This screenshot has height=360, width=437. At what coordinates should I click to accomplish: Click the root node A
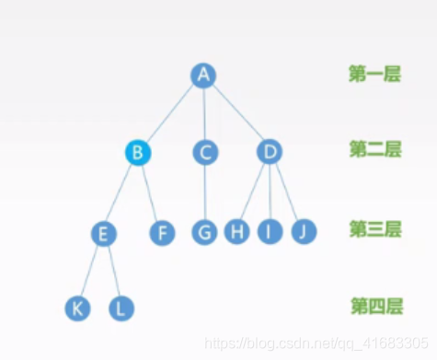coord(203,75)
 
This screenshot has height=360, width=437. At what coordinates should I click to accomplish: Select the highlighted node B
coord(137,152)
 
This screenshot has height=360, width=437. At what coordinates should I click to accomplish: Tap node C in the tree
coord(205,152)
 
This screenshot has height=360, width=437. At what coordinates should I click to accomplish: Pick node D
coord(268,152)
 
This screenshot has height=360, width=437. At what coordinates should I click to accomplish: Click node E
coord(104,233)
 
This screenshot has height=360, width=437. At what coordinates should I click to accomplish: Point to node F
coord(162,232)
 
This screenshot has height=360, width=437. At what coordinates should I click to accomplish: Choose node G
coord(205,232)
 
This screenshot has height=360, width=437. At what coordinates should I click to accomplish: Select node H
coord(237,232)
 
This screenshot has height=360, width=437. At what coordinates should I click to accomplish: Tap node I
coord(269,232)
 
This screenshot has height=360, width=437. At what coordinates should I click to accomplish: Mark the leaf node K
coord(78,308)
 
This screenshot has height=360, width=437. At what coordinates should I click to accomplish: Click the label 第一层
coord(374,75)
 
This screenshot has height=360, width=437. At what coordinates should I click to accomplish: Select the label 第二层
coord(374,149)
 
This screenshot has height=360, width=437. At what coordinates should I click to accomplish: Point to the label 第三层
coord(374,228)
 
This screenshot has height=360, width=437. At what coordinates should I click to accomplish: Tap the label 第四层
coord(374,305)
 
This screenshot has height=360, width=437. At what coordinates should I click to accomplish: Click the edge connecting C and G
coord(205,192)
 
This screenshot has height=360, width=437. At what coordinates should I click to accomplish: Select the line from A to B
coord(171,112)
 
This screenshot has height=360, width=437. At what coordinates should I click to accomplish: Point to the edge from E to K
coord(91,271)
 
